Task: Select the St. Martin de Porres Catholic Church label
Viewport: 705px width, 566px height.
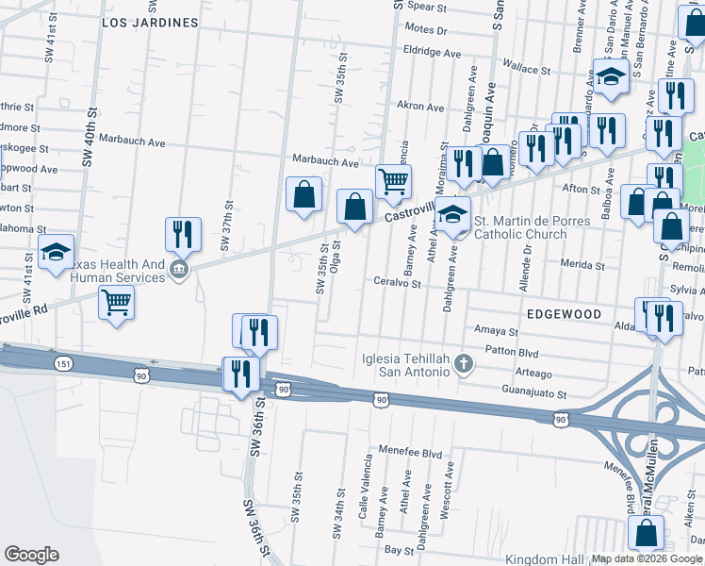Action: [x=533, y=227]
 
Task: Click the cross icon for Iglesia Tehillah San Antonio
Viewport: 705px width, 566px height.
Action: [x=463, y=363]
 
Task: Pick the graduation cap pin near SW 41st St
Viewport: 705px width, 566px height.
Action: [x=56, y=252]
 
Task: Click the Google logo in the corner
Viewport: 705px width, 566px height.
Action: [x=31, y=555]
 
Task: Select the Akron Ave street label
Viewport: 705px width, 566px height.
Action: [x=420, y=107]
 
